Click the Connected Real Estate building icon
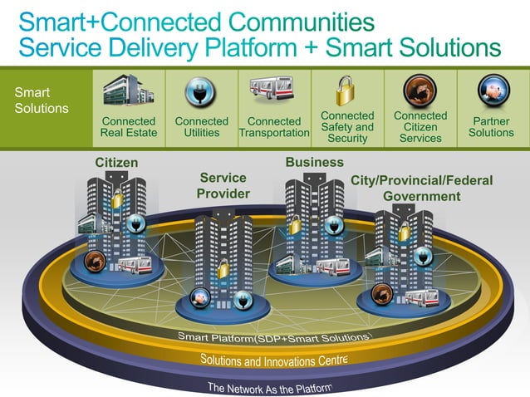[x=129, y=91]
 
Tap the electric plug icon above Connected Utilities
[x=201, y=90]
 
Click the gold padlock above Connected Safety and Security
[x=346, y=89]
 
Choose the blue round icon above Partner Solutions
[x=491, y=89]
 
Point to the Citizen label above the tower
[x=116, y=162]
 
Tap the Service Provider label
[x=223, y=185]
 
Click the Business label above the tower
[x=314, y=162]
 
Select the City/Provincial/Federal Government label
[x=421, y=188]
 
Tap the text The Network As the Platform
[x=269, y=387]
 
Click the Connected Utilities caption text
[x=201, y=127]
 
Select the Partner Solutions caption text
[x=491, y=127]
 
